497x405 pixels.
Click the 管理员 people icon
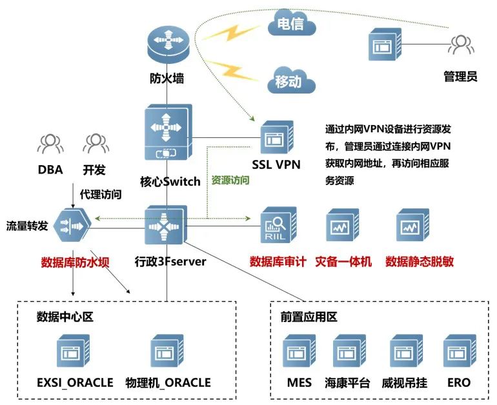point(460,45)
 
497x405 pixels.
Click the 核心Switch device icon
point(167,134)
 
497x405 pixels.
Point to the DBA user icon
point(50,143)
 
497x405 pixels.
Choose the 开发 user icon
point(94,143)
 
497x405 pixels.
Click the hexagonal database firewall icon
point(70,225)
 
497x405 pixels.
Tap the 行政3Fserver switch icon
point(167,225)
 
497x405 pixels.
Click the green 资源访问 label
point(230,181)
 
